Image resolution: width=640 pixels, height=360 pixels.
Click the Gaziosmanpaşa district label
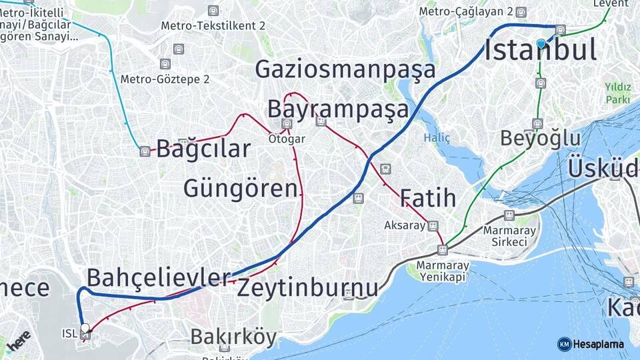point(345,69)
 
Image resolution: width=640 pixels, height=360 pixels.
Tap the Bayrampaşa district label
point(337,109)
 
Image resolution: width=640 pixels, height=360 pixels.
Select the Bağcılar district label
point(203,149)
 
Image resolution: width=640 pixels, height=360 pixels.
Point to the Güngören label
point(240,189)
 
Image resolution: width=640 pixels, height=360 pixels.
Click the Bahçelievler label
point(159,277)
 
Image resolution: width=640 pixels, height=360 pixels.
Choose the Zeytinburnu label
point(307,289)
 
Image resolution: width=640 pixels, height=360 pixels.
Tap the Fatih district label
point(428,198)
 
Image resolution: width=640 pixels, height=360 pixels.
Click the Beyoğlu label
point(541,139)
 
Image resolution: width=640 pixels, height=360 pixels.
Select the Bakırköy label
point(233,337)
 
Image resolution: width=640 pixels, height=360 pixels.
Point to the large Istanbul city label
point(540,51)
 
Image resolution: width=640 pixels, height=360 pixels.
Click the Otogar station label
point(287,139)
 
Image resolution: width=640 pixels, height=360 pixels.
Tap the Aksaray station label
point(405,226)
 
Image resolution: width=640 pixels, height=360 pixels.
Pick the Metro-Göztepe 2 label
point(165,79)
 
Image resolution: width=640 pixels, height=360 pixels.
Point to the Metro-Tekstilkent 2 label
point(213,26)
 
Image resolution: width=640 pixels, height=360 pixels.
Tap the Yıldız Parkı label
point(617,93)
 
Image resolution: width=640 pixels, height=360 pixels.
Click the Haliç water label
point(437,138)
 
